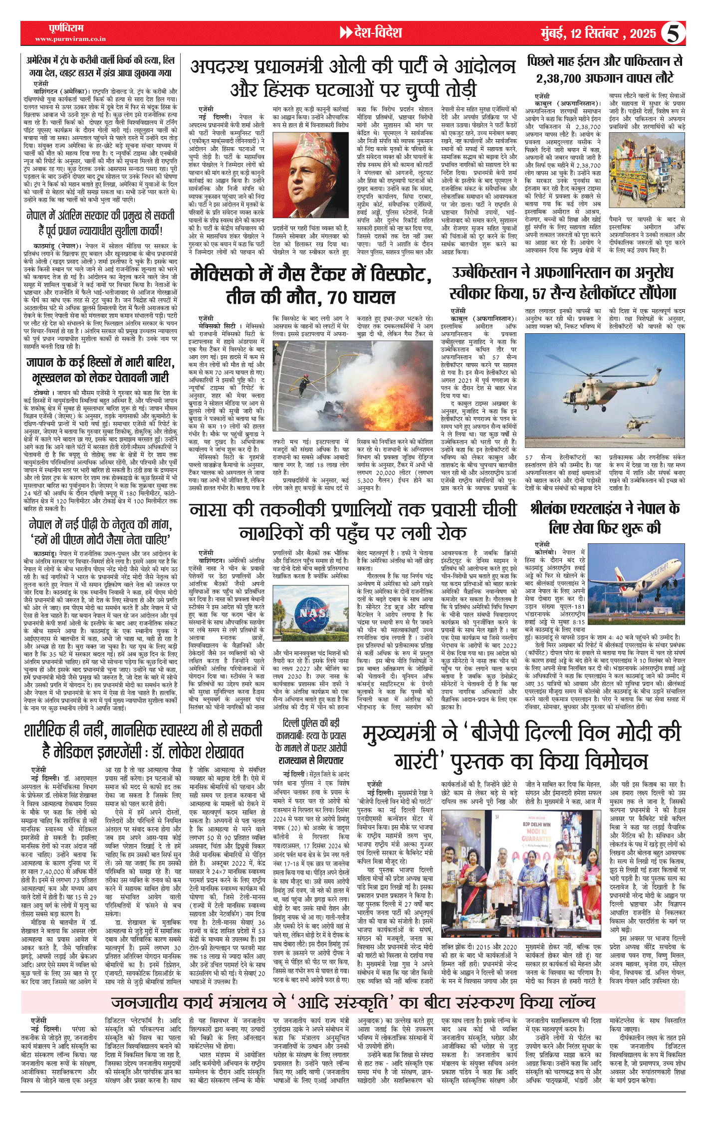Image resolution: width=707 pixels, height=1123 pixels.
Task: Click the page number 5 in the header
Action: click(x=672, y=33)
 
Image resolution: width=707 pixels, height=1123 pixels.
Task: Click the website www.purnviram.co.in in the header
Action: click(x=70, y=39)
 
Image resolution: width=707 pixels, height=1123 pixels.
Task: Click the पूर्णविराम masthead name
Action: click(x=66, y=28)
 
